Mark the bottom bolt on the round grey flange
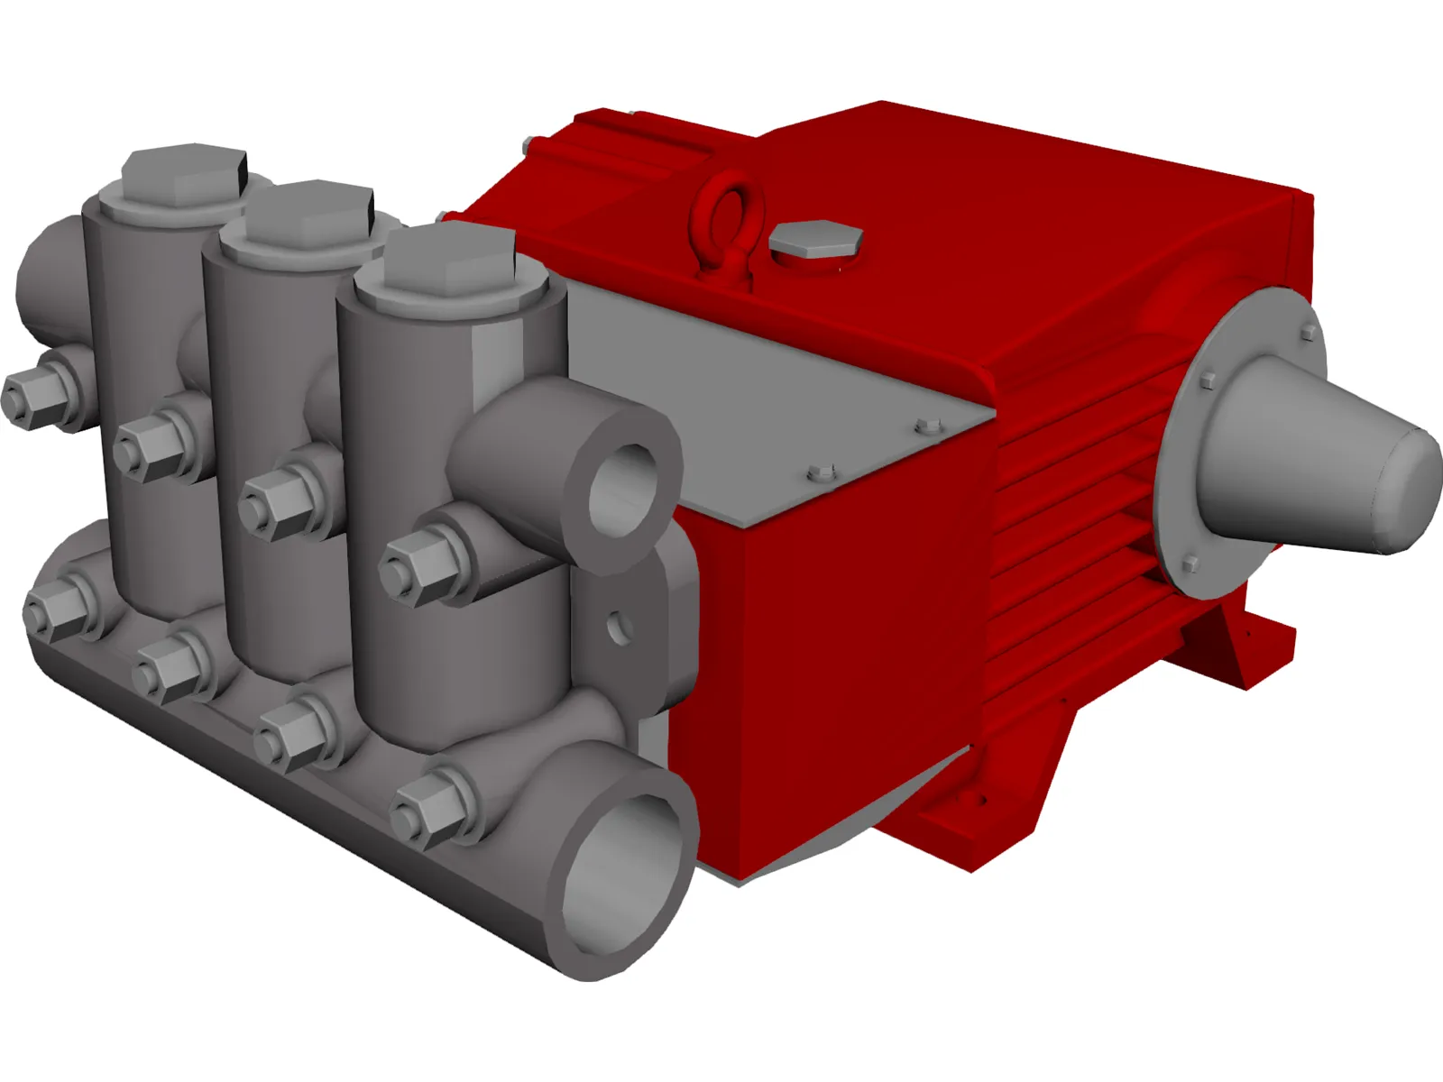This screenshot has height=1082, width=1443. (x=1190, y=564)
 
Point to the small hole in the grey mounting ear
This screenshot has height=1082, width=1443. (x=616, y=625)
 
